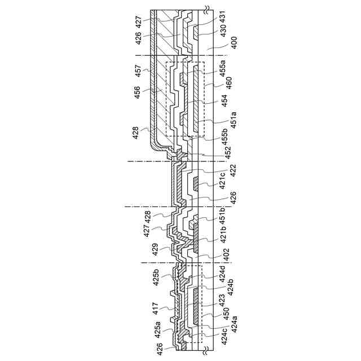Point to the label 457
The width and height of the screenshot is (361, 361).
click(138, 71)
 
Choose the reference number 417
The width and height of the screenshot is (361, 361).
click(155, 308)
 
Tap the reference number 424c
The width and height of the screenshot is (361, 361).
click(223, 336)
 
